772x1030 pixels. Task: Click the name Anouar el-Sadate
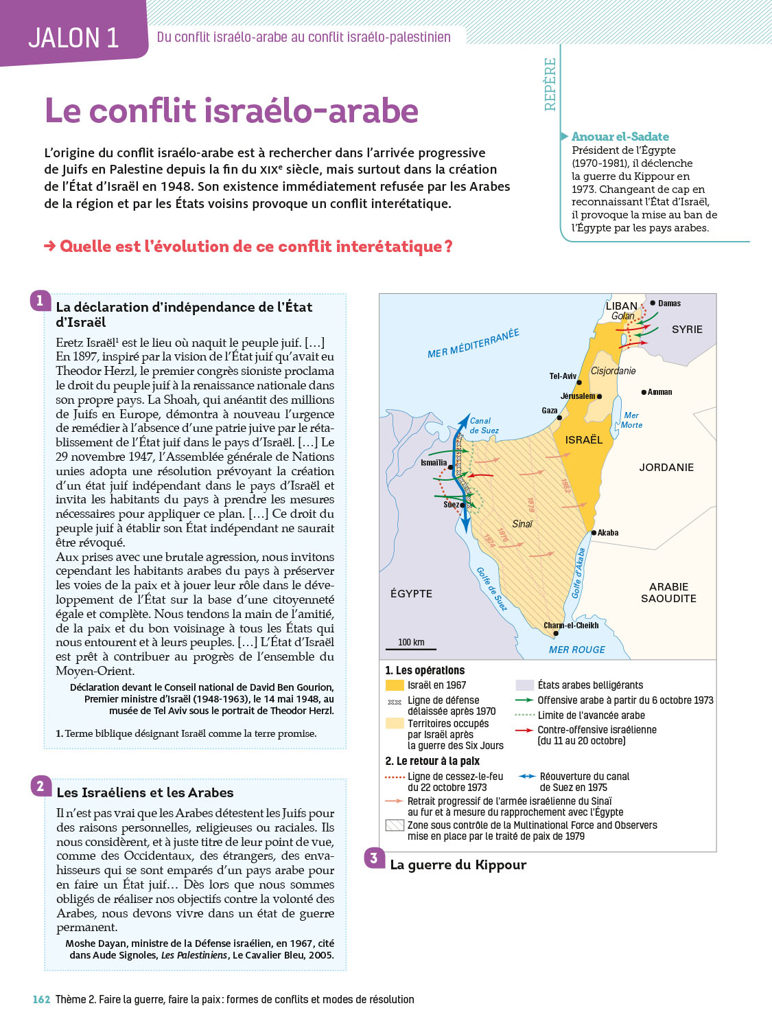coord(620,137)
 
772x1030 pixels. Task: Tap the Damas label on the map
coord(669,304)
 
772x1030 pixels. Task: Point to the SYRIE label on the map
coord(687,330)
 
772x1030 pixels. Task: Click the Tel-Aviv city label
coord(563,376)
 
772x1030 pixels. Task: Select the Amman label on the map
coord(659,392)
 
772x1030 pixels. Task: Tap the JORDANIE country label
coord(666,468)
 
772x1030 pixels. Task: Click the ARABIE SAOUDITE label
coord(668,593)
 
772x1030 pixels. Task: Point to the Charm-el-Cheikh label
coord(571,626)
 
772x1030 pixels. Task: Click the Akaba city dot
coord(594,533)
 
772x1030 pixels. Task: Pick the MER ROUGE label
coord(576,650)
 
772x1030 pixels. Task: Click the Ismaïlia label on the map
coord(433,463)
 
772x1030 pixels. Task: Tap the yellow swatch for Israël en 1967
coord(395,685)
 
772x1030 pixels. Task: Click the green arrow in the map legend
coord(524,700)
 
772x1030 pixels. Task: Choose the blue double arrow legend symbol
coord(526,776)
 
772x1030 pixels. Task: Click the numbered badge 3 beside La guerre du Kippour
coord(374,858)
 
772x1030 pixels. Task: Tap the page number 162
coord(41,1000)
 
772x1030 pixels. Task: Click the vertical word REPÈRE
coord(550,84)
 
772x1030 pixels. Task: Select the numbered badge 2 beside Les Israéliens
coord(40,786)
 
